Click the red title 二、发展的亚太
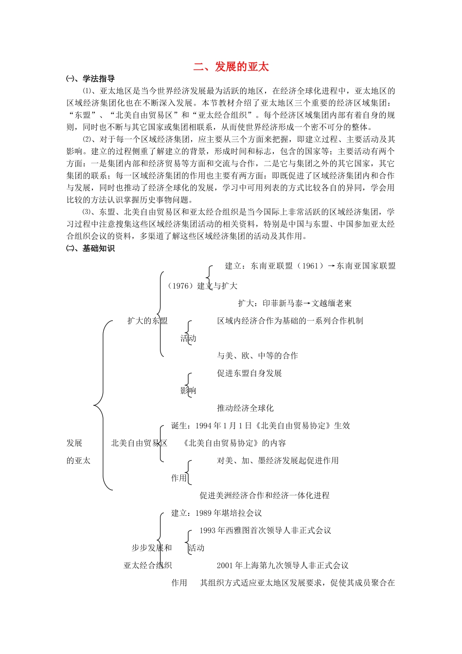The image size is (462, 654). coord(231,67)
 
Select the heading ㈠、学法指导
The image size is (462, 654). coord(91,79)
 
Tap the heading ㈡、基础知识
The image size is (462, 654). coord(91,248)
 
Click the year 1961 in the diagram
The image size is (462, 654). coord(310,266)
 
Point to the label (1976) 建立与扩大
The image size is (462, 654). coord(202,286)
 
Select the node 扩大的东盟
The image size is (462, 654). coord(147,321)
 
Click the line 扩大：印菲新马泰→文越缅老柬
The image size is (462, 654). coord(295,303)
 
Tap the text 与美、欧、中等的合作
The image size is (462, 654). coord(257,356)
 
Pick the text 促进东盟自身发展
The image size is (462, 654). coord(249,373)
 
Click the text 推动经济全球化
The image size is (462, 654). coord(245,408)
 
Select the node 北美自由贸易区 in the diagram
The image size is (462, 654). coord(139,443)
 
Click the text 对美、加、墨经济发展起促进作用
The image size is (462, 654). coord(278,460)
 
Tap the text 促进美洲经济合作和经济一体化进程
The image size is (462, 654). coord(265,495)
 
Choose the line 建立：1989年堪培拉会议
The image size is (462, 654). coord(216,513)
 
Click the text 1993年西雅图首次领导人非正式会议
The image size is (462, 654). coord(265,530)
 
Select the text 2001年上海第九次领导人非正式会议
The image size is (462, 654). coord(283,565)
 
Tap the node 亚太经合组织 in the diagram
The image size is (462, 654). coord(148,565)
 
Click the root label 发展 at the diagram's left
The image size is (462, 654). coord(74,443)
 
